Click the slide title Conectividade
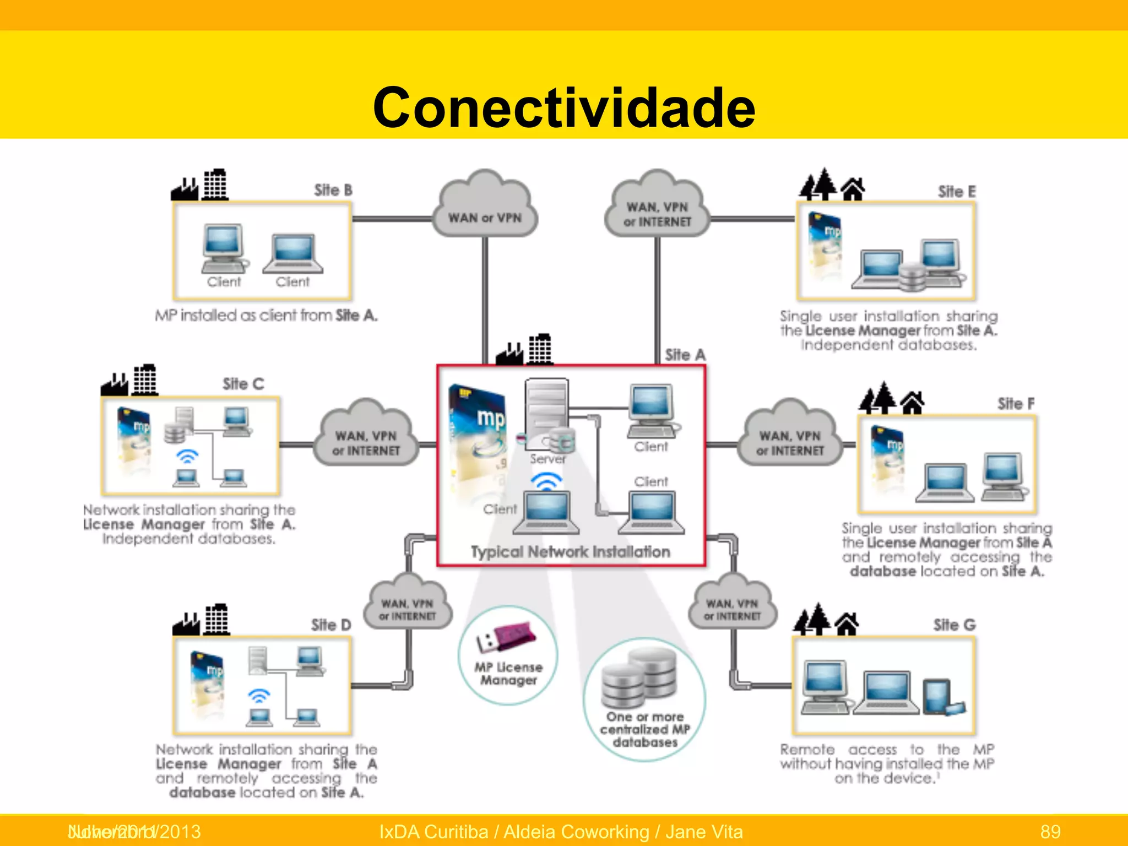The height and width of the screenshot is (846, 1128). pyautogui.click(x=563, y=107)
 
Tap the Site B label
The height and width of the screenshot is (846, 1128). pyautogui.click(x=333, y=191)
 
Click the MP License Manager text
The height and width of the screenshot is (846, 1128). pyautogui.click(x=508, y=674)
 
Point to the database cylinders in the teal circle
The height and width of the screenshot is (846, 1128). pyautogui.click(x=639, y=678)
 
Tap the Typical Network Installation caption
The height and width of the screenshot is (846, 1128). pyautogui.click(x=570, y=552)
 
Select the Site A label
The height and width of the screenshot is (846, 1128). pyautogui.click(x=685, y=355)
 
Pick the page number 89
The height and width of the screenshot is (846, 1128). pyautogui.click(x=1050, y=831)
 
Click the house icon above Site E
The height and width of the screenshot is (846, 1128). pyautogui.click(x=853, y=189)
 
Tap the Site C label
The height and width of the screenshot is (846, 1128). pyautogui.click(x=243, y=384)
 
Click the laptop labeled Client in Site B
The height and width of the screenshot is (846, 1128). pyautogui.click(x=293, y=254)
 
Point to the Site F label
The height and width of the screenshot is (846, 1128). pyautogui.click(x=1016, y=404)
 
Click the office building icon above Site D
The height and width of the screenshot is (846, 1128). pyautogui.click(x=216, y=620)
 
